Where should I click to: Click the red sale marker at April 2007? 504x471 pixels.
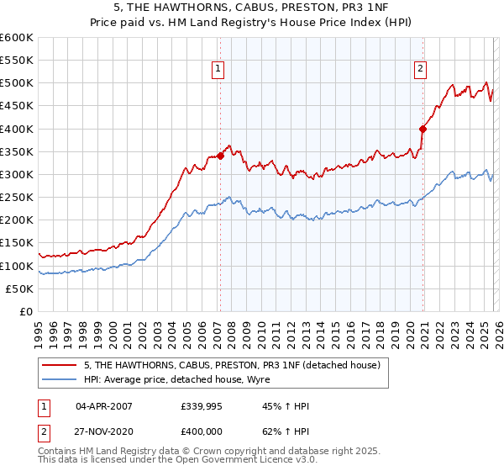point(220,156)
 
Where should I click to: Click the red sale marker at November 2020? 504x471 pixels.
point(423,129)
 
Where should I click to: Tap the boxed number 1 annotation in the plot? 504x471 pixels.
point(218,70)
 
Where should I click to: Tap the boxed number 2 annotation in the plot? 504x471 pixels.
point(420,70)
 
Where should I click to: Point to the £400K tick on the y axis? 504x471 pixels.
point(17,129)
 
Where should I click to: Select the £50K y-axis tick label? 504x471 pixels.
point(19,288)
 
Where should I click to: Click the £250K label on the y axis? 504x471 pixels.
point(17,197)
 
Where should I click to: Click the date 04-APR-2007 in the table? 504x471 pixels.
point(104,406)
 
